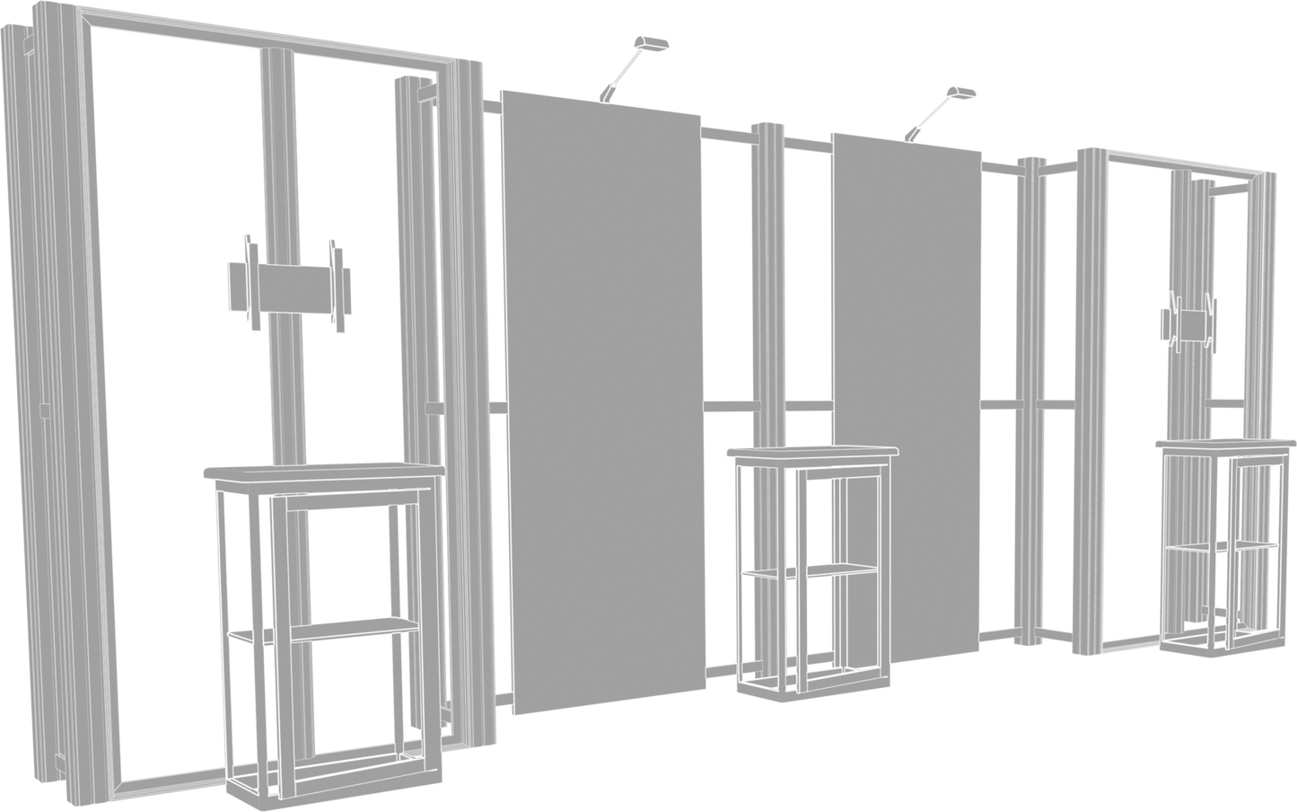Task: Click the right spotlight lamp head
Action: (x=960, y=93)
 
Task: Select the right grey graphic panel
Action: (x=907, y=395)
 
